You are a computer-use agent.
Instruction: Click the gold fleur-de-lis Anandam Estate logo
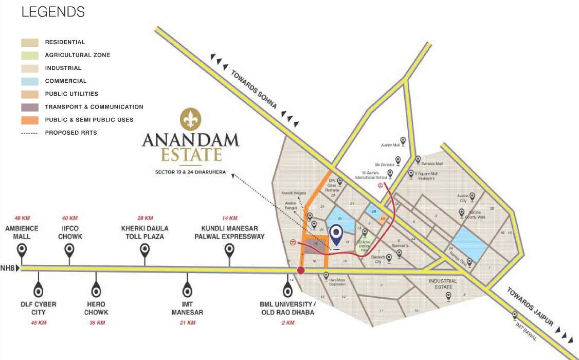[191, 119]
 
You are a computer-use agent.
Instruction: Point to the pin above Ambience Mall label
[22, 251]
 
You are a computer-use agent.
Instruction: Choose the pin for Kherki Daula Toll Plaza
[145, 251]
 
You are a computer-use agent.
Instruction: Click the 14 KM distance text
[229, 218]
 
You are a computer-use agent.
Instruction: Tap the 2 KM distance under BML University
[287, 323]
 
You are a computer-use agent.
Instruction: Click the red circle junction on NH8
[301, 271]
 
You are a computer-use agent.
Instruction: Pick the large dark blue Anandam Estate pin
[336, 236]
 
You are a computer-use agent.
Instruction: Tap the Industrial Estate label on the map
[443, 284]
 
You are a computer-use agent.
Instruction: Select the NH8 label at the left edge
[8, 268]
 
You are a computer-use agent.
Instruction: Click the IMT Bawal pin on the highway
[515, 315]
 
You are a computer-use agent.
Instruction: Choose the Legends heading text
[53, 12]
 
